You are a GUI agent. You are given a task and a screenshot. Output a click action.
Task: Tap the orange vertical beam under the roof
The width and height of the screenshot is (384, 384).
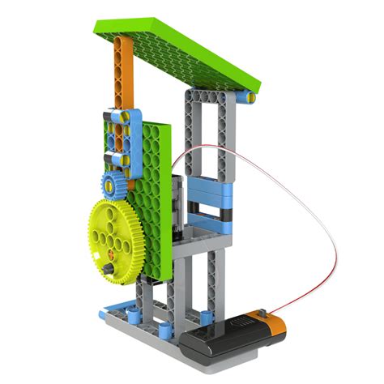[x=122, y=81]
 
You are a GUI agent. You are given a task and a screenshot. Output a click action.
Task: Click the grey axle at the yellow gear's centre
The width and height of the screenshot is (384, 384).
[x=107, y=266]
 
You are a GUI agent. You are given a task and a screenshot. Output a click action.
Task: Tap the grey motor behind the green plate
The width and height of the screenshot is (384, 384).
[x=181, y=194]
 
